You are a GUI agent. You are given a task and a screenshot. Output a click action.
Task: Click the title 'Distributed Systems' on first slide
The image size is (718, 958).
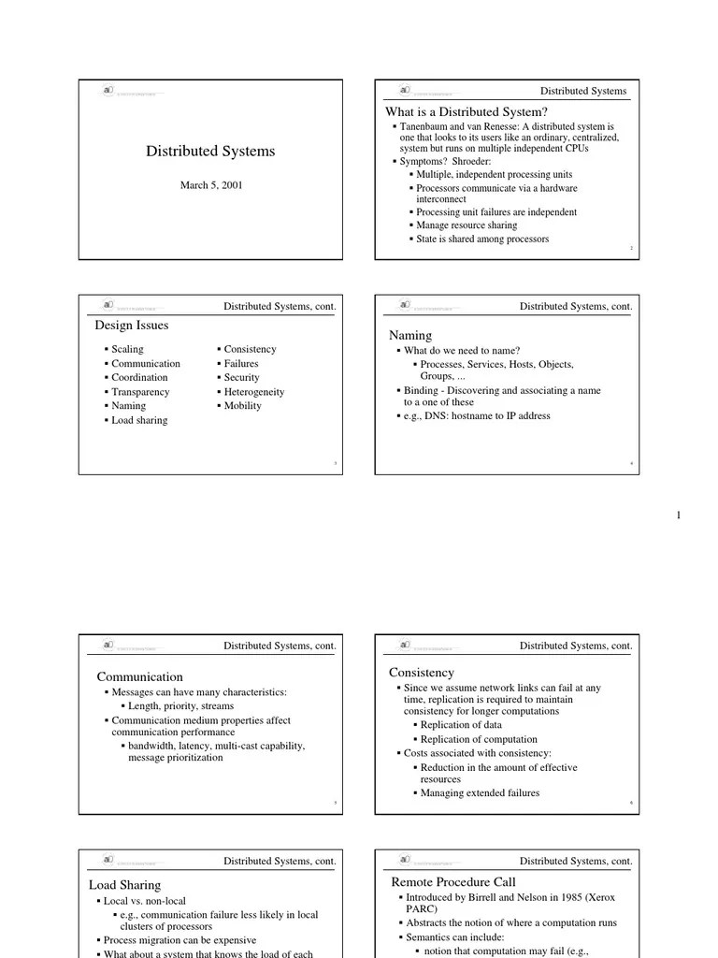(210, 152)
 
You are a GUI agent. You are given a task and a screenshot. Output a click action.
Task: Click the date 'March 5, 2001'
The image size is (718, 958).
(211, 185)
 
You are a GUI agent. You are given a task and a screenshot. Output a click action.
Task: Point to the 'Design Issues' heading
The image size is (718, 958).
(132, 326)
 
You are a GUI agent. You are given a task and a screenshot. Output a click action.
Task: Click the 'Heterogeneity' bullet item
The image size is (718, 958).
(253, 392)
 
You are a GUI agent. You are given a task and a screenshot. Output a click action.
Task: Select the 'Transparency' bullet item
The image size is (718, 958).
(140, 392)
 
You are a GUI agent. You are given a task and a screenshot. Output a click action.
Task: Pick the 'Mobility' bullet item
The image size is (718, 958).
(242, 406)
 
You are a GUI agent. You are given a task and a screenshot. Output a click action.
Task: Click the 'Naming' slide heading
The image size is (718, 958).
(410, 335)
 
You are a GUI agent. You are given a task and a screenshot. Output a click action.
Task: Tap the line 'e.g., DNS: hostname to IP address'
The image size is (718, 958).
(477, 416)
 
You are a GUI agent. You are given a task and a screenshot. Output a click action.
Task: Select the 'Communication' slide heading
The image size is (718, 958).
(140, 676)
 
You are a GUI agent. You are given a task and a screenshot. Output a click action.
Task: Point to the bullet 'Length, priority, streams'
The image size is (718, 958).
(180, 706)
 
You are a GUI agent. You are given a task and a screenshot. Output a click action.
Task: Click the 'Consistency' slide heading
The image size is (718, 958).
(422, 673)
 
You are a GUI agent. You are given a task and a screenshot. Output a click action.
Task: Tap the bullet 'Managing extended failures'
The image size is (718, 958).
(480, 793)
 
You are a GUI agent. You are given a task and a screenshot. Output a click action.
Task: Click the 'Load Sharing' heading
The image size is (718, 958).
(125, 885)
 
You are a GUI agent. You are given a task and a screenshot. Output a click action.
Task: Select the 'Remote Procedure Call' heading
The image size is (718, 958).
(453, 882)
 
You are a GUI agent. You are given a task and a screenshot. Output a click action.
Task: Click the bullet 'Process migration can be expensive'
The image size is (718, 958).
(179, 940)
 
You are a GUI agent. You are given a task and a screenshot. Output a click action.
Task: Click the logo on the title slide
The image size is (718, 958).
(109, 92)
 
